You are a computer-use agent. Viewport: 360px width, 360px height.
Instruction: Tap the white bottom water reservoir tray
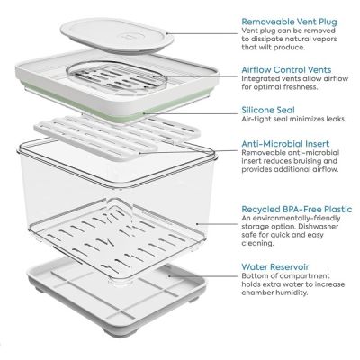(117, 310)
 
